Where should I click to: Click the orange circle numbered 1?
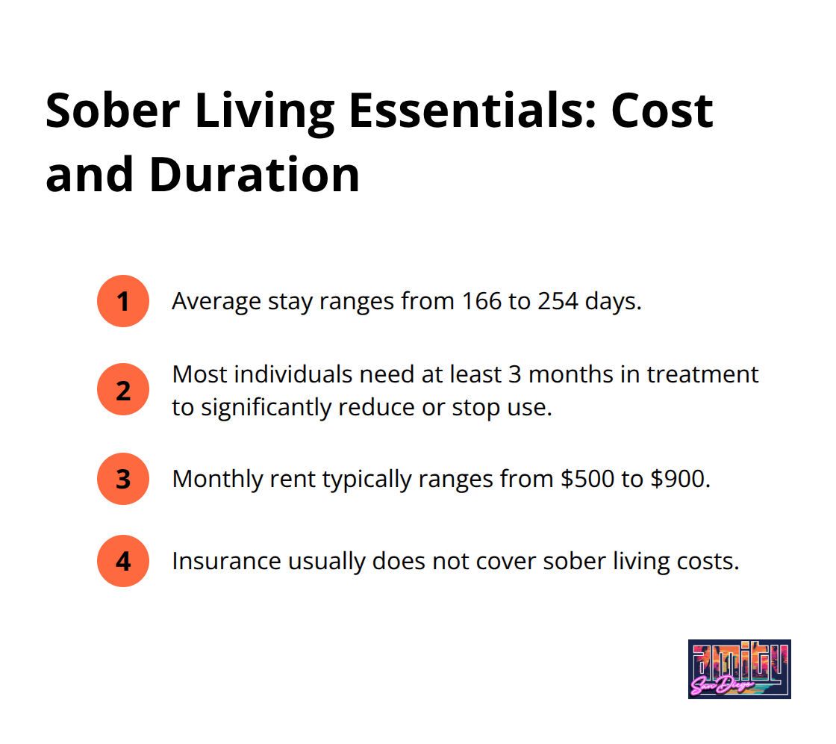click(122, 301)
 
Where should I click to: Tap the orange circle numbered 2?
click(122, 390)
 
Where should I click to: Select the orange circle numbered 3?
click(122, 479)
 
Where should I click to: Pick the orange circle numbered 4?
click(122, 561)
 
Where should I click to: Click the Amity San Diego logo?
click(740, 669)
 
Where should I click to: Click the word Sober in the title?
click(113, 111)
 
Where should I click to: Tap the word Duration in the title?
click(255, 175)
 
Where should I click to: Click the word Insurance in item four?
click(227, 561)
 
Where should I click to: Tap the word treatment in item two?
click(702, 374)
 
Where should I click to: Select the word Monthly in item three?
click(217, 480)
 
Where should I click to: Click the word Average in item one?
click(216, 302)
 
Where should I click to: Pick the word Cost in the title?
click(662, 111)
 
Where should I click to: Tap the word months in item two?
click(570, 374)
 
